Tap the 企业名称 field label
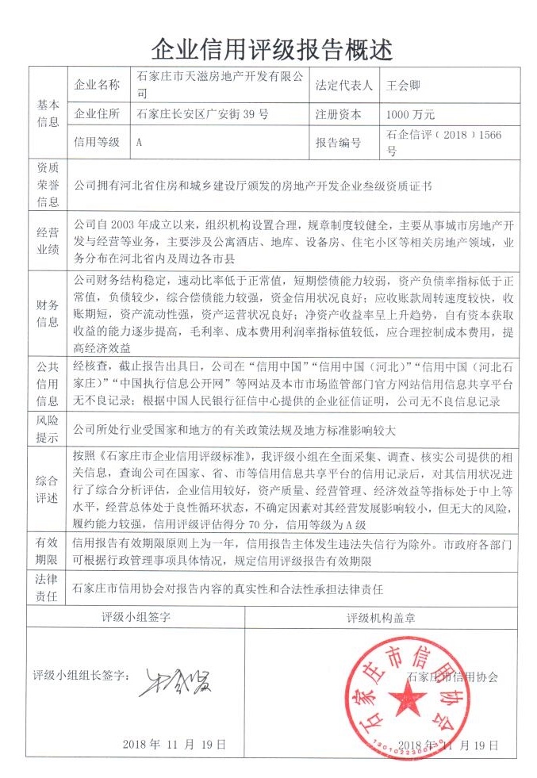97,85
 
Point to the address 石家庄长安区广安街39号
203,114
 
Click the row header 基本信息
48,113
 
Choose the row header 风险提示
48,428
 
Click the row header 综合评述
48,488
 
